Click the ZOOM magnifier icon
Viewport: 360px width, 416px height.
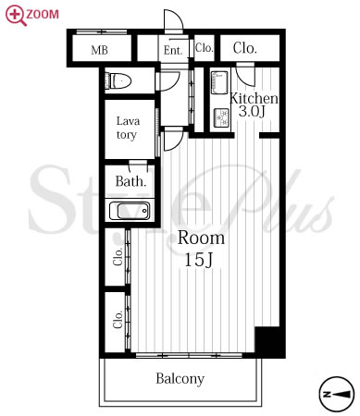[16, 16]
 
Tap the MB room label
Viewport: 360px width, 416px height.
[99, 50]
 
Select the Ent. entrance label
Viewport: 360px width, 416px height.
[173, 50]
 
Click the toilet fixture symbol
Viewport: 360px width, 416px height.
[118, 81]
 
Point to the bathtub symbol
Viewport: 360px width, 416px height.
[130, 211]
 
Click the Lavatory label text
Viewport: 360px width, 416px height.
[128, 128]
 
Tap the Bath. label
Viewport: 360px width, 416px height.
[130, 181]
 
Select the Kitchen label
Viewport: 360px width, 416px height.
[254, 98]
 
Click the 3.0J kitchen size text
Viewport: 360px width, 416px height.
[252, 111]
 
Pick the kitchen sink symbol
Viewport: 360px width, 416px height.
[219, 82]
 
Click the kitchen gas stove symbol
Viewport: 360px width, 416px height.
[221, 117]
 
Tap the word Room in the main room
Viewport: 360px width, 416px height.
[201, 238]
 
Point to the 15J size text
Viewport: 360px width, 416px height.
[199, 260]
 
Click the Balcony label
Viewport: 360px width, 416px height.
[180, 379]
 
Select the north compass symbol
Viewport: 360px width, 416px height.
[336, 394]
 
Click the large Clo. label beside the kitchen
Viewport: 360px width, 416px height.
[245, 48]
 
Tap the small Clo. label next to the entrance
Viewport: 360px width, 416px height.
[204, 48]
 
